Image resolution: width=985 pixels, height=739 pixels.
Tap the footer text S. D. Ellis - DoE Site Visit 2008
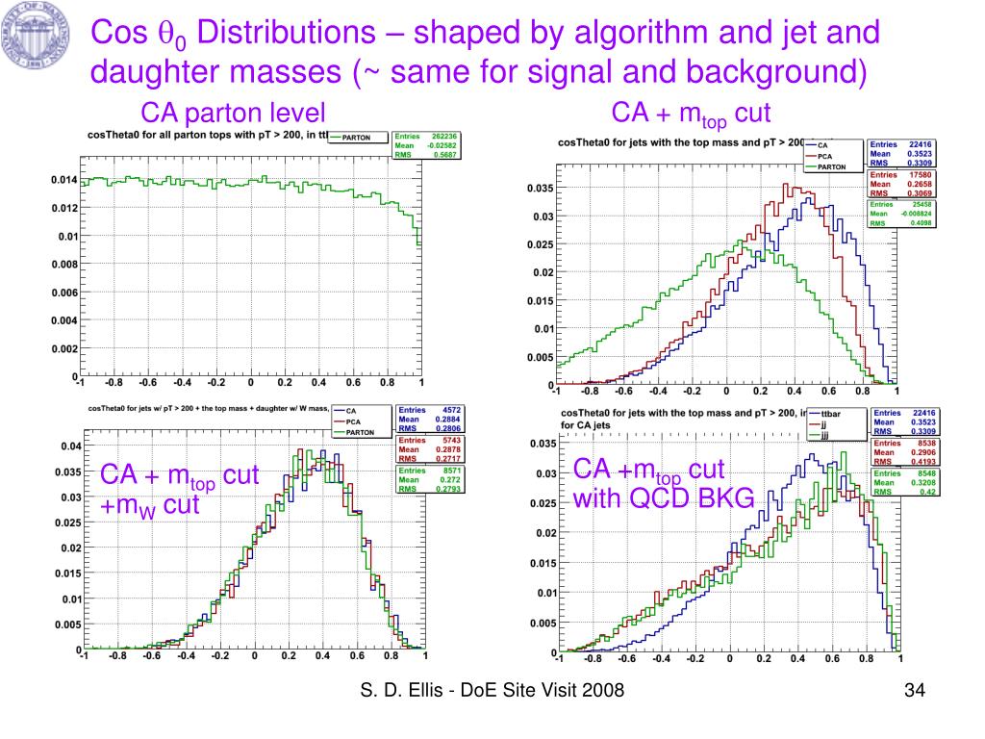[x=492, y=690]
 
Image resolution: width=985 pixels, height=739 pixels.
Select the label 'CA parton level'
[x=234, y=112]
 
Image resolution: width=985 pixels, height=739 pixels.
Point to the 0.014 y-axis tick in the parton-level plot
[x=63, y=180]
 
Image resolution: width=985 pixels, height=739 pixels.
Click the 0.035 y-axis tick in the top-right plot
[x=540, y=189]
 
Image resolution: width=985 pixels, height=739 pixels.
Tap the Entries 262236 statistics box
[x=425, y=144]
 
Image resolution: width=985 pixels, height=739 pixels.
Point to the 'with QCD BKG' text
[x=664, y=499]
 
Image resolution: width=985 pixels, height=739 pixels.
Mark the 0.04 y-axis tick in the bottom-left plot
[x=69, y=447]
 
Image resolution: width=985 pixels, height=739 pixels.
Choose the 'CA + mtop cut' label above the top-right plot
[x=692, y=114]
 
